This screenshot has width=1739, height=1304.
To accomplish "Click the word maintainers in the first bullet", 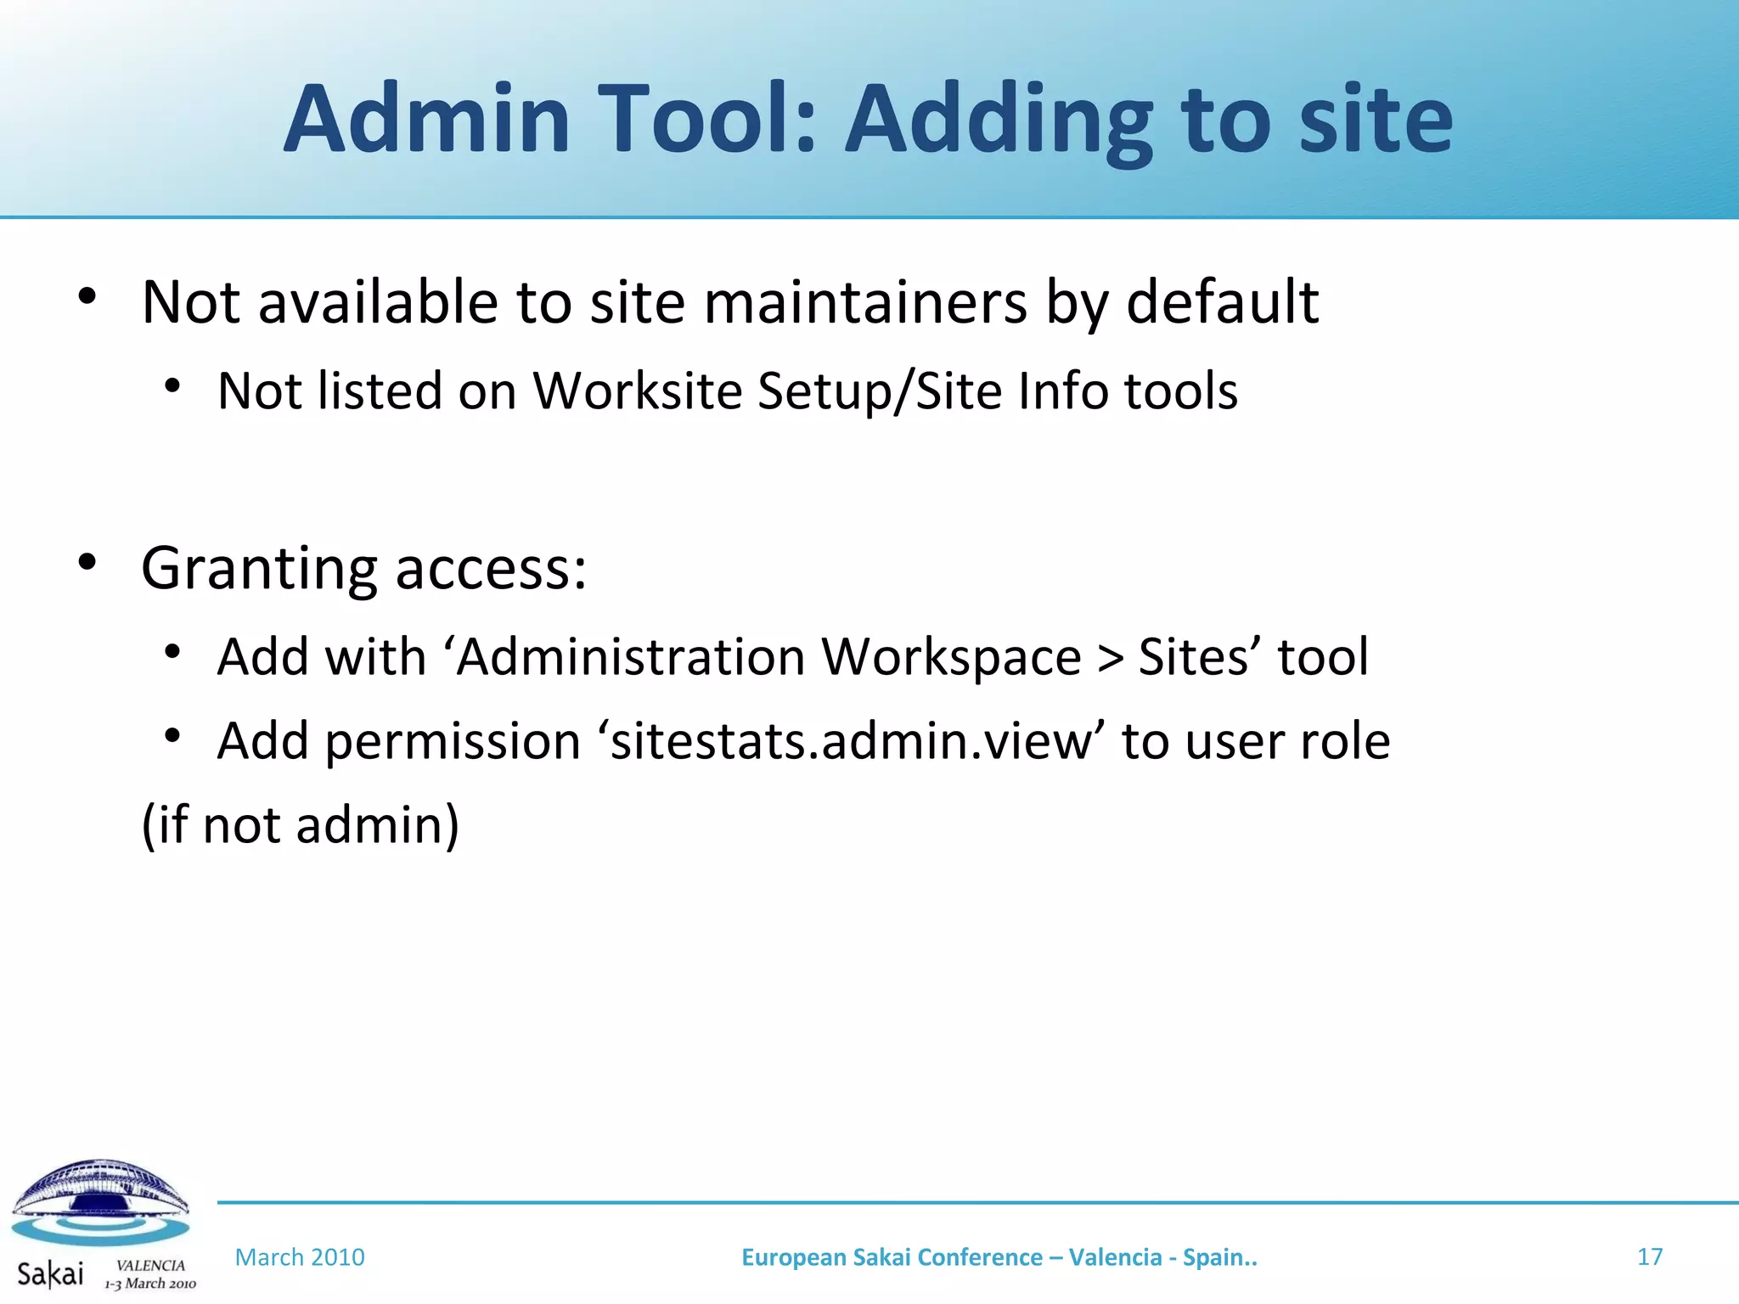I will (865, 302).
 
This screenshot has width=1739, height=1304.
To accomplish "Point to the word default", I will (1222, 302).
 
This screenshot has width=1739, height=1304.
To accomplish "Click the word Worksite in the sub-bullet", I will (637, 391).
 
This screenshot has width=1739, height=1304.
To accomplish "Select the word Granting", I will (259, 569).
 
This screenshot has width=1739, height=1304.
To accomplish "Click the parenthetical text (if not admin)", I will (300, 824).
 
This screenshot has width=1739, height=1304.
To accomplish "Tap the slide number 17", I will (1649, 1256).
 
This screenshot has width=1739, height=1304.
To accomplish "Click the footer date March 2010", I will (300, 1257).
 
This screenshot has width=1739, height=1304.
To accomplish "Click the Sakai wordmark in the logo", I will (50, 1273).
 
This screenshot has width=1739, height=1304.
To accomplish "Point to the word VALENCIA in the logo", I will (150, 1265).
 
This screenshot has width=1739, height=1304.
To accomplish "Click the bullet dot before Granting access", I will (87, 561).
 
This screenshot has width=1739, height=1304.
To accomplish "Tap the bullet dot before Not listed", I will (172, 386).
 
